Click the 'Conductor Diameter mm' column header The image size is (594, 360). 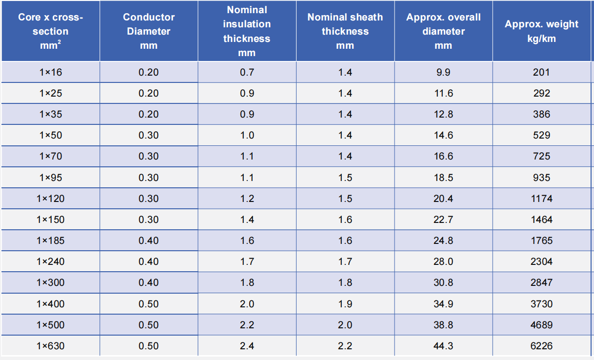[148, 31]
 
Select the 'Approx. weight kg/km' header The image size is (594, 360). [541, 31]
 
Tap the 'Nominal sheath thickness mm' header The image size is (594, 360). [345, 31]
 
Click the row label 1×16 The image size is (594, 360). [50, 72]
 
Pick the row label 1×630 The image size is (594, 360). [50, 346]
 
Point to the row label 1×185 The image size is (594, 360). [50, 240]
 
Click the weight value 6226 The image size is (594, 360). [541, 346]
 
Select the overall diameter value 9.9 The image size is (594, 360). [443, 72]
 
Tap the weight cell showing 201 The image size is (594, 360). [541, 72]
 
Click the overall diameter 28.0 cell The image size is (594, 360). [443, 261]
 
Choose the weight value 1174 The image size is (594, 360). [541, 199]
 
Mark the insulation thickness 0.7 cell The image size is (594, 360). [247, 72]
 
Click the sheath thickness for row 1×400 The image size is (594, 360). [345, 304]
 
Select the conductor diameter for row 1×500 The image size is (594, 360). [148, 325]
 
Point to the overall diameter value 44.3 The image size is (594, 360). [443, 346]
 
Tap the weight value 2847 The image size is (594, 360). [541, 282]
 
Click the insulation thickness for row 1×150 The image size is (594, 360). [247, 220]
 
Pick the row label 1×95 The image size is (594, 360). [50, 178]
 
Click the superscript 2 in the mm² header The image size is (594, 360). [59, 42]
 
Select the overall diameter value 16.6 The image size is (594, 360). [443, 156]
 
